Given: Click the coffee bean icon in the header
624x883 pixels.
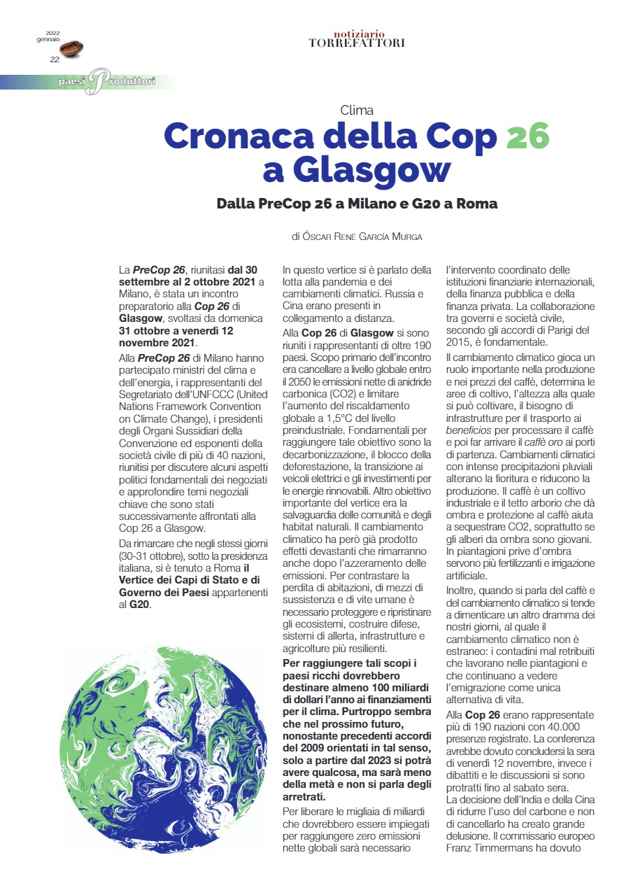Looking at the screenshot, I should pos(72,48).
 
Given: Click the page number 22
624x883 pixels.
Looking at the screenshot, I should pos(55,59).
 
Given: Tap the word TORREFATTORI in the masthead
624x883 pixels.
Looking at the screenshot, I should pos(357,43).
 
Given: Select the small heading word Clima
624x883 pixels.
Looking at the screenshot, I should pos(357,110).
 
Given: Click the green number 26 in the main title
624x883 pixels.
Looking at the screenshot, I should pos(527,136).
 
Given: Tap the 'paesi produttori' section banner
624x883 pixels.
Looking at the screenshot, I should pos(105,82).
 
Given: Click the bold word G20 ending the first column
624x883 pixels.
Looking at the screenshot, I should pos(139,603).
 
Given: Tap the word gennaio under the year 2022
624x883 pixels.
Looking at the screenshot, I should pos(48,39).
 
